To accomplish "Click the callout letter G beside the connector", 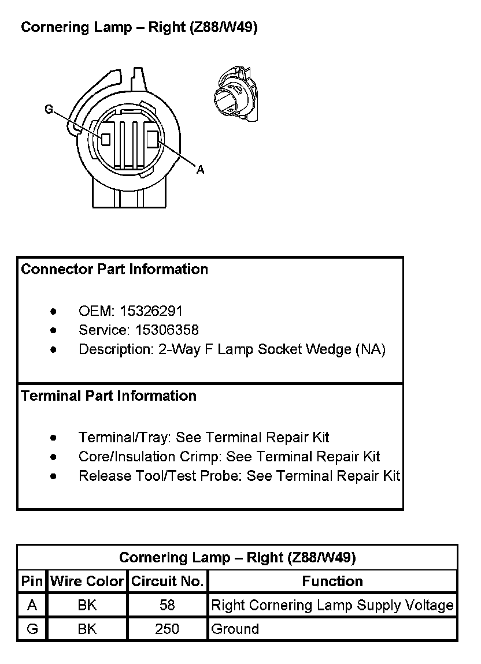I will coord(49,109).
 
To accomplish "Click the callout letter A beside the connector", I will coord(201,169).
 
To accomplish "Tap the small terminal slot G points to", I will coord(105,139).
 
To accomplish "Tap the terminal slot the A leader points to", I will coord(153,139).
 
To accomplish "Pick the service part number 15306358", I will coord(167,330).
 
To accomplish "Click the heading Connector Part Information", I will coord(114,270).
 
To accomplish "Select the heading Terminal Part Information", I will coord(109,396).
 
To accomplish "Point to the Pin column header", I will coord(32,581).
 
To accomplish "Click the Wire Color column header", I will coord(87,581).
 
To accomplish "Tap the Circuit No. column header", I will coord(167,581).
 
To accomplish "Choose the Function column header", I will coord(332,581).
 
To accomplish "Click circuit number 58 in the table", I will coord(167,606).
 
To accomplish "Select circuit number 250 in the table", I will coord(167,629).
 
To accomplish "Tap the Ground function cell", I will coord(235,629).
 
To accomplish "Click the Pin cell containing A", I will coord(32,606).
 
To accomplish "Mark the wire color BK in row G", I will coord(87,629).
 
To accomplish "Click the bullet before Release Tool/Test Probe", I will coord(54,476).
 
